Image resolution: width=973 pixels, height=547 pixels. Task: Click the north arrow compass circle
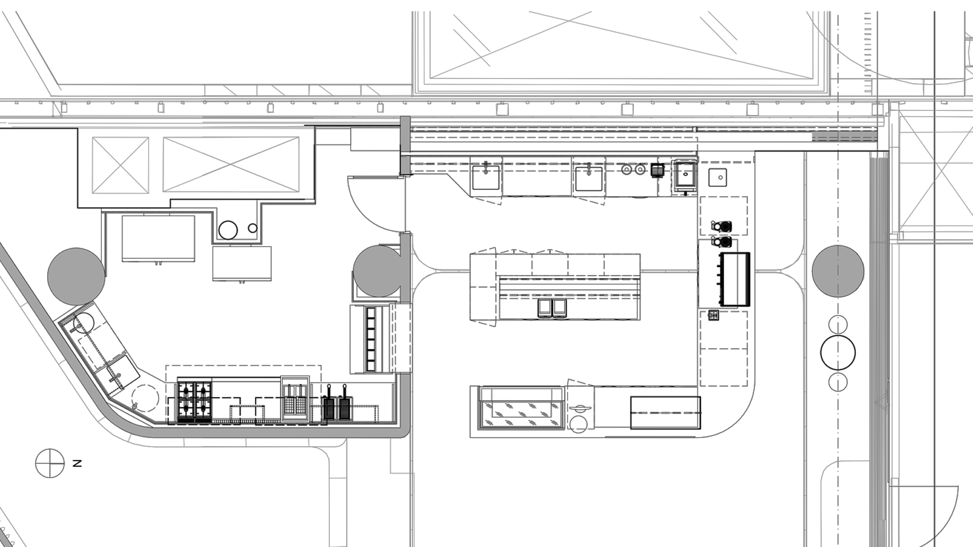coord(50,463)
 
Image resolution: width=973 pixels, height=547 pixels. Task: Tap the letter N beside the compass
coord(77,463)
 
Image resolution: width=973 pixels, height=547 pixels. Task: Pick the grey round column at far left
coord(77,277)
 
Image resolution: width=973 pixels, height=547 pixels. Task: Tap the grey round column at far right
coord(838,271)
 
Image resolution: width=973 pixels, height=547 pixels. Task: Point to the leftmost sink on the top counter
coord(485,177)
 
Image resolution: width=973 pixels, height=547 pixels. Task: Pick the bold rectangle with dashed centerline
coord(665,413)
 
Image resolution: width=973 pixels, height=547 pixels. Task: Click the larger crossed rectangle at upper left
coord(231,165)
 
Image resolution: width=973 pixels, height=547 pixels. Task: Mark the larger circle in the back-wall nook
coord(228,230)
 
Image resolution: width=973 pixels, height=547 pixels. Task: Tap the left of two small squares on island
coord(544,308)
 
